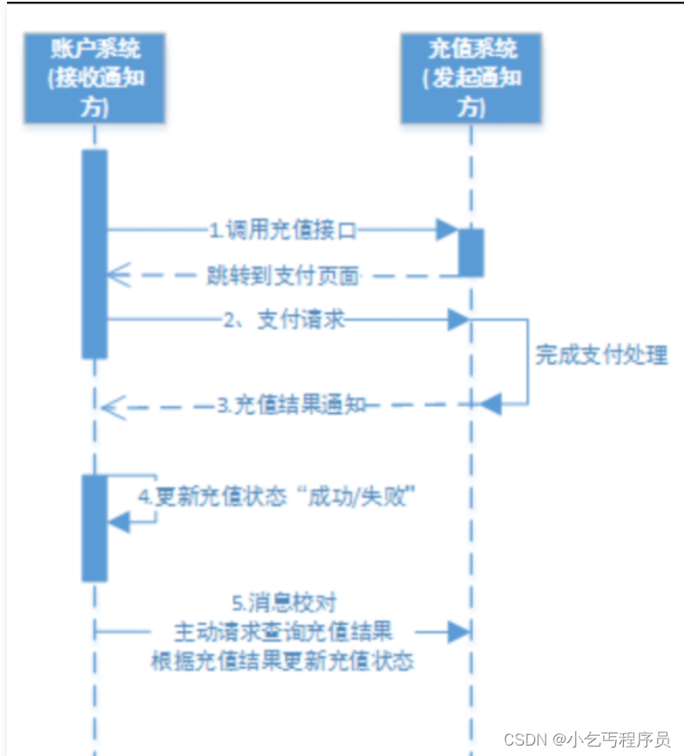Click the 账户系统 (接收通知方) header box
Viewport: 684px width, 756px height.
[x=94, y=78]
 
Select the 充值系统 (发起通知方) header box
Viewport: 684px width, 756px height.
[x=471, y=78]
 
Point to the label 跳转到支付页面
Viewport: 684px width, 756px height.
[x=282, y=276]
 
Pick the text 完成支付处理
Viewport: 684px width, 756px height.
[x=601, y=355]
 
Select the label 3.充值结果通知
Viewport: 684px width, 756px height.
[x=291, y=405]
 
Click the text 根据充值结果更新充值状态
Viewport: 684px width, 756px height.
[x=281, y=660]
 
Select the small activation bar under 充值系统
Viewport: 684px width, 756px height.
[x=471, y=253]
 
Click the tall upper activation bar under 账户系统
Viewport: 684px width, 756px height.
[x=94, y=253]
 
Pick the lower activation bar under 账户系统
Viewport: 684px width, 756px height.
[x=94, y=528]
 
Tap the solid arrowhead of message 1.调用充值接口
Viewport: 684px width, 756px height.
[x=448, y=230]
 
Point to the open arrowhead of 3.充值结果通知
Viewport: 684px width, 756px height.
[x=112, y=405]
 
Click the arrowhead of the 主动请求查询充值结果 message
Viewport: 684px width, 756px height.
[x=458, y=630]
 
